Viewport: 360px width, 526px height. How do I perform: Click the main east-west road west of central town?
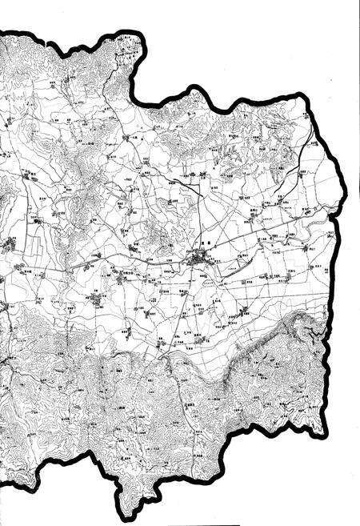[x=120, y=262]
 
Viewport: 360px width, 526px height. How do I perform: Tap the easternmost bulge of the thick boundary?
[x=352, y=192]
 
